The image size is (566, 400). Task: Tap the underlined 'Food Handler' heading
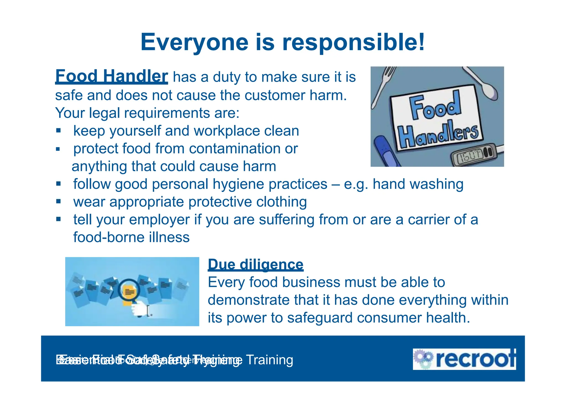(x=111, y=76)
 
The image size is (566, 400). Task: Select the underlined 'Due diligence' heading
(x=255, y=264)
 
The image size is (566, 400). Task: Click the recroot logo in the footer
(x=464, y=359)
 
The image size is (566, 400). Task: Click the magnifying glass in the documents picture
(x=129, y=291)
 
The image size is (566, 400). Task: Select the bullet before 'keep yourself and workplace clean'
(x=58, y=130)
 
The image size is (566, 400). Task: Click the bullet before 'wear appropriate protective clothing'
(x=58, y=202)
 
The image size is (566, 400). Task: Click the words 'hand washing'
(x=418, y=184)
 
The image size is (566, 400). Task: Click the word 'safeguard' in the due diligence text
(x=319, y=318)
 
